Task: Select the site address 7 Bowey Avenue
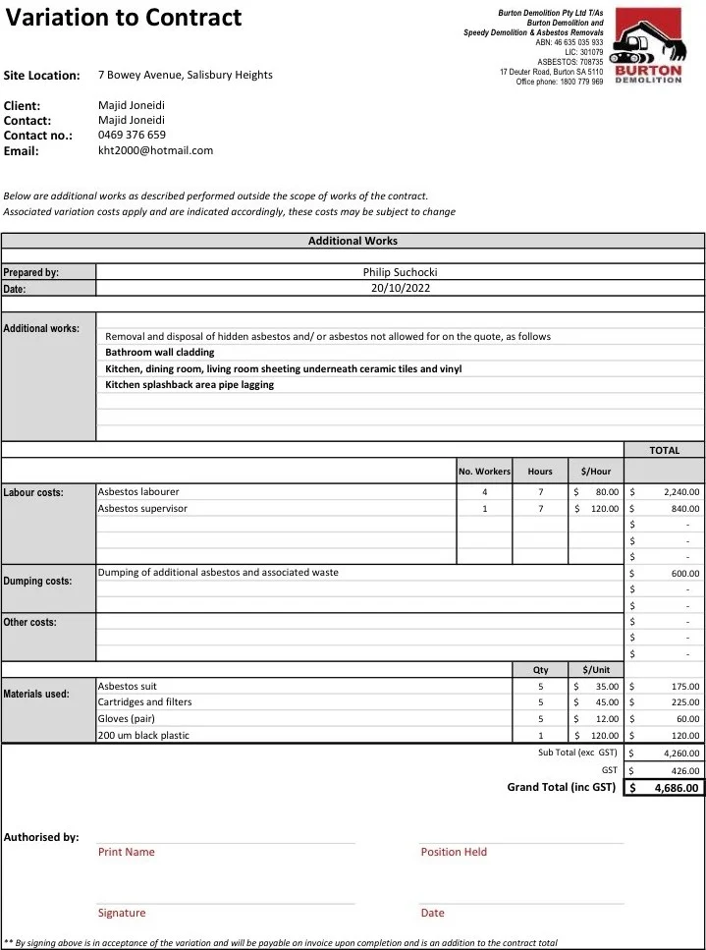pyautogui.click(x=186, y=75)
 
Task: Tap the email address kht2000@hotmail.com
pyautogui.click(x=155, y=150)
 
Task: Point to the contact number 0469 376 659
pyautogui.click(x=132, y=135)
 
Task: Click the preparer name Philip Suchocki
pyautogui.click(x=400, y=272)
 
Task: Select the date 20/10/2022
pyautogui.click(x=400, y=288)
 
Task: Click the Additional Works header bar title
pyautogui.click(x=353, y=241)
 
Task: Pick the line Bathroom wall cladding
pyautogui.click(x=159, y=352)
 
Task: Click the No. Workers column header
pyautogui.click(x=484, y=472)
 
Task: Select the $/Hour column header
pyautogui.click(x=596, y=472)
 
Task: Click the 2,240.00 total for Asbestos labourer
pyautogui.click(x=680, y=492)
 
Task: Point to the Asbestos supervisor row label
pyautogui.click(x=142, y=509)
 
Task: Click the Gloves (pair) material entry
pyautogui.click(x=128, y=718)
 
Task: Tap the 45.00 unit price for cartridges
pyautogui.click(x=607, y=702)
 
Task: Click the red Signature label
pyautogui.click(x=122, y=914)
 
